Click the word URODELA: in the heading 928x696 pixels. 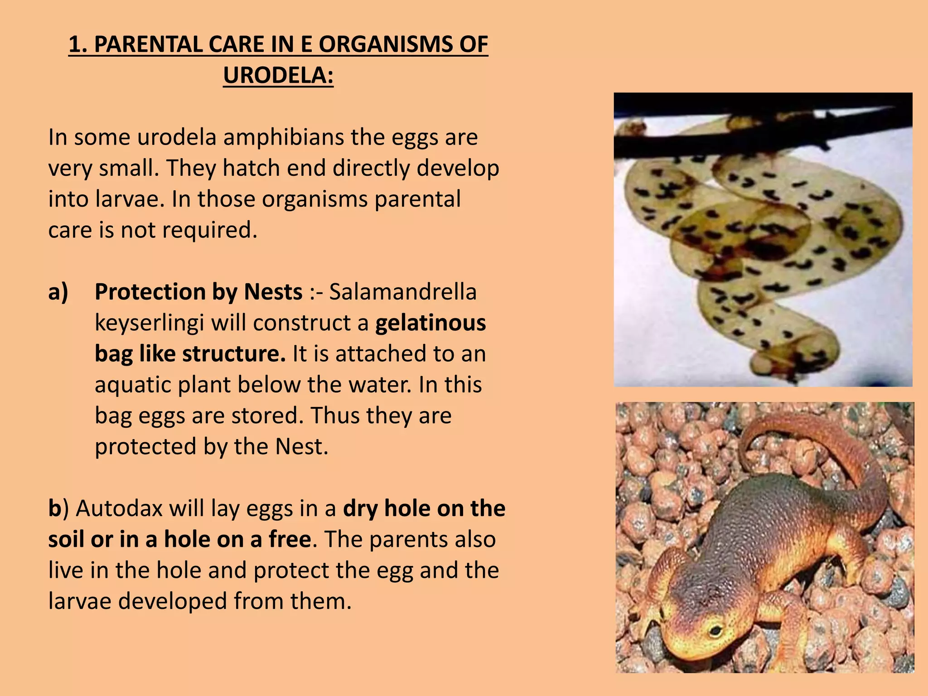click(278, 75)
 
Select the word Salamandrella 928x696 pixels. click(403, 291)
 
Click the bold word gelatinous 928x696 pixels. click(430, 323)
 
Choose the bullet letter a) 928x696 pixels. click(58, 291)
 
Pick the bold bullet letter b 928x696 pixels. click(54, 508)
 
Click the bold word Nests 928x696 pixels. click(273, 291)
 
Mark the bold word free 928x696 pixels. click(290, 539)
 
